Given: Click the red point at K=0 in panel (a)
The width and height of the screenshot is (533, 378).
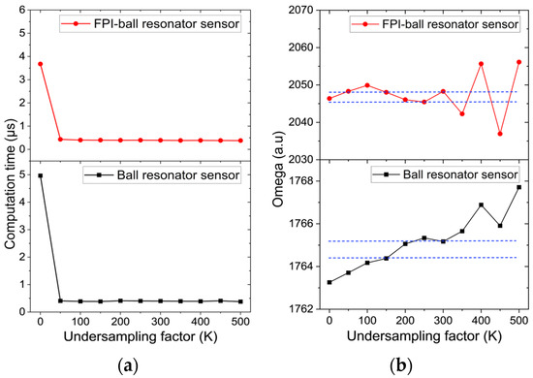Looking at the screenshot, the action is click(40, 64).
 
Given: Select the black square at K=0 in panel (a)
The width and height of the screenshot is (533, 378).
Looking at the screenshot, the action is click(40, 175).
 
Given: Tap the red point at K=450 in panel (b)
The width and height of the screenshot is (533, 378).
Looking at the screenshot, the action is click(500, 134).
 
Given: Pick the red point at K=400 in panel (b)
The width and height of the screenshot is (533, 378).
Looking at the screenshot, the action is click(481, 64).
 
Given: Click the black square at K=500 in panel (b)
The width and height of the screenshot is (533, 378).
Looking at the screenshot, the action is click(519, 187).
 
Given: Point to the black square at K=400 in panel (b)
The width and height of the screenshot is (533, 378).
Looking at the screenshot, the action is click(481, 205).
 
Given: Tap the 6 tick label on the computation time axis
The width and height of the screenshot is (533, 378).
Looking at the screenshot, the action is click(22, 10).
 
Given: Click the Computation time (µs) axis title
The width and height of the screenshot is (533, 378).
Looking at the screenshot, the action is click(10, 183).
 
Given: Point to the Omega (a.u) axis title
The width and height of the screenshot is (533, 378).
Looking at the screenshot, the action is click(278, 169).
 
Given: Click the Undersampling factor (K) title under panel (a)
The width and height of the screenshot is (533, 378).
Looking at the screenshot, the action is click(141, 336).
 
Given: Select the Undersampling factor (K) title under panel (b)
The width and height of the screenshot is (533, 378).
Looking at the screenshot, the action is click(424, 336).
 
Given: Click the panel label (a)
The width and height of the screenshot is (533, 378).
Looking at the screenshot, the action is click(128, 366).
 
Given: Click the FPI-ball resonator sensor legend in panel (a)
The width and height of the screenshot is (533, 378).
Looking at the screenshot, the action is click(150, 24).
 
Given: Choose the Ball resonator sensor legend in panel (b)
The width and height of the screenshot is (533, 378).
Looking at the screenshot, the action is click(446, 174).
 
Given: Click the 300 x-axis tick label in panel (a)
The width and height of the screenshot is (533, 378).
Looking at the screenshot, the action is click(160, 321).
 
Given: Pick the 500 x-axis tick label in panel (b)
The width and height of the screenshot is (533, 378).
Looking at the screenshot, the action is click(519, 320).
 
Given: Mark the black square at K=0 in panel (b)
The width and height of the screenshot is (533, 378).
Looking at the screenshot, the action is click(329, 282).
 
